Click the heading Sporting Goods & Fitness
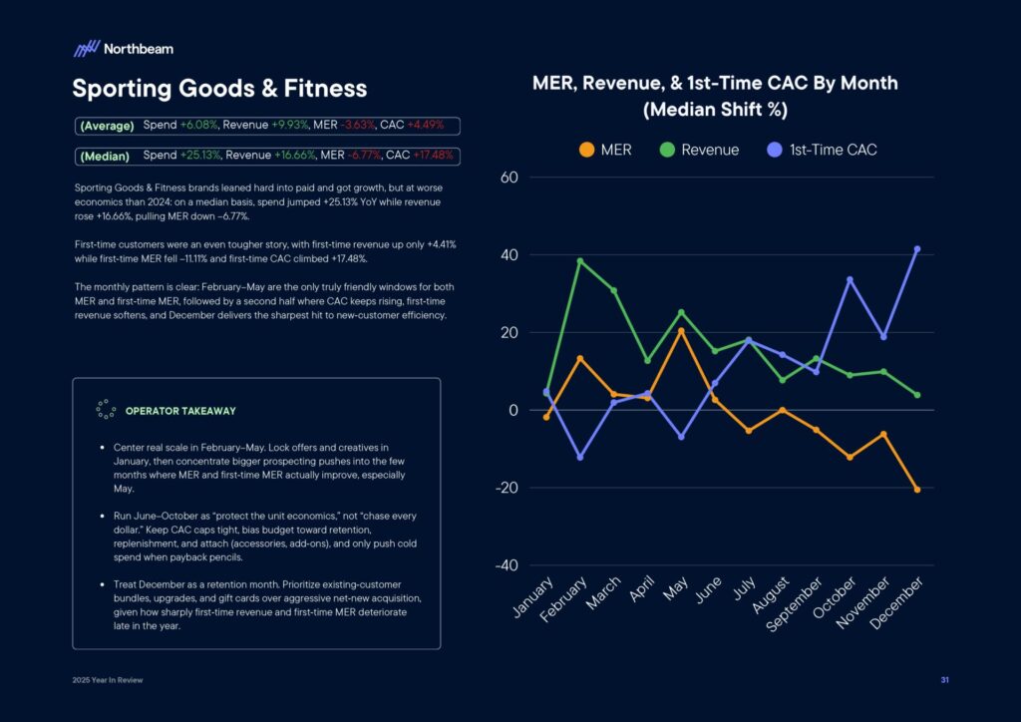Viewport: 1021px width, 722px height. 219,89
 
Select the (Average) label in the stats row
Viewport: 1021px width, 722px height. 107,126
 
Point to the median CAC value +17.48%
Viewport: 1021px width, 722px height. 433,156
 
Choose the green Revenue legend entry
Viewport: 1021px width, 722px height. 699,150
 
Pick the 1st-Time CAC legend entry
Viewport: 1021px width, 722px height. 823,150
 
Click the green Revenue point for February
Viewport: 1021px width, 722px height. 580,261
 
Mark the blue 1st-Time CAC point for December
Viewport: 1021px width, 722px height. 917,249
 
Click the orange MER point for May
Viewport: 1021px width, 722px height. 681,331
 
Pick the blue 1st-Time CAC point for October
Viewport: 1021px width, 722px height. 850,280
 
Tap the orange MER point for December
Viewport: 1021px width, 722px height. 917,490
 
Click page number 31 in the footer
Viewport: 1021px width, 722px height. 944,680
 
